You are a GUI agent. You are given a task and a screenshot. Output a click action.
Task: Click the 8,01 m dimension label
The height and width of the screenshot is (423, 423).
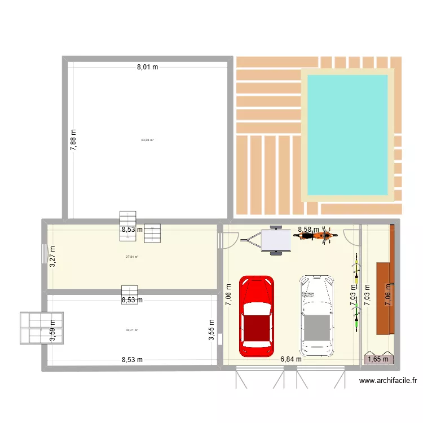[147, 67]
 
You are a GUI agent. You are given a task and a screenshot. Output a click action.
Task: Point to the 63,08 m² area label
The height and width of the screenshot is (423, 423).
[147, 140]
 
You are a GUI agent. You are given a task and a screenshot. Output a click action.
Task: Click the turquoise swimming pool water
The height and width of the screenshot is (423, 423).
[347, 134]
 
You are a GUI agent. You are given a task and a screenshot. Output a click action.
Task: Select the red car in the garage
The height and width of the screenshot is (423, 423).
[257, 316]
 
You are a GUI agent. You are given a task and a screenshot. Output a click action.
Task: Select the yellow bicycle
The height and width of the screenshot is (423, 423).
[356, 268]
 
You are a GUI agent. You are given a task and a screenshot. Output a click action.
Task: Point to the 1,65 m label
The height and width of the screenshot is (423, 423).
[378, 359]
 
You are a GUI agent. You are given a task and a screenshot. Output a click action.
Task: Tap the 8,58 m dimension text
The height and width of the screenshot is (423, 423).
[308, 230]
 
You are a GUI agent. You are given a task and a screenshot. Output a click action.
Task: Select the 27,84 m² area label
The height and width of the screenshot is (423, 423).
[132, 257]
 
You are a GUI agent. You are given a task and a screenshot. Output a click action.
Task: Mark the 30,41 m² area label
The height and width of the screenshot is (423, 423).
[132, 331]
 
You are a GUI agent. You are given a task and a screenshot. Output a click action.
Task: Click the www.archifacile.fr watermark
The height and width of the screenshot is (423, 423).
[389, 381]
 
